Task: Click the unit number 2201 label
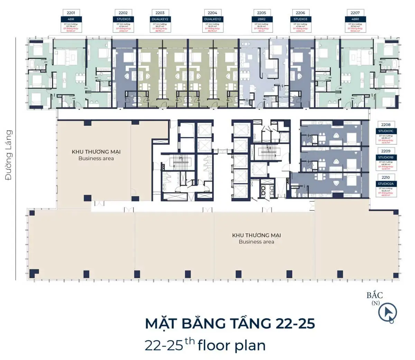click(71, 13)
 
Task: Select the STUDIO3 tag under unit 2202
click(123, 19)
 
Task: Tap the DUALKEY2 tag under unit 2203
click(160, 19)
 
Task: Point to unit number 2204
click(212, 13)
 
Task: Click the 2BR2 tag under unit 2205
click(262, 19)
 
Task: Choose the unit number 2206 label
click(300, 13)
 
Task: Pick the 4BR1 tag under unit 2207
click(355, 19)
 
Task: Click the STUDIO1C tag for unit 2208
click(386, 131)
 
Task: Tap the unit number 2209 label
click(386, 151)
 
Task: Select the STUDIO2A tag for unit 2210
click(386, 184)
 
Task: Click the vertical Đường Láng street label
click(9, 155)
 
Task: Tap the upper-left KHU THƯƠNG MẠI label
click(96, 152)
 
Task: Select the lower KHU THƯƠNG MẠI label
click(256, 235)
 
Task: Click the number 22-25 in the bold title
click(295, 323)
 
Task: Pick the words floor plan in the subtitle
click(232, 345)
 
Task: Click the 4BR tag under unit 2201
click(71, 19)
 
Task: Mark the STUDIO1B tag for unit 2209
click(386, 157)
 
